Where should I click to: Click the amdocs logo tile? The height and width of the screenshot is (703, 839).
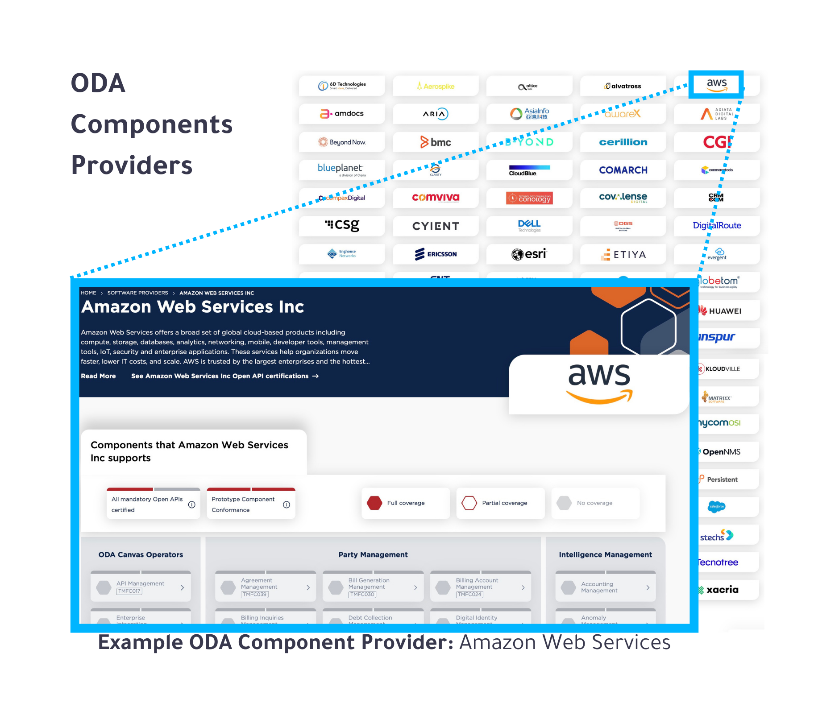coord(342,114)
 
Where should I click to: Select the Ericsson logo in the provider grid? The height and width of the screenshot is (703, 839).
coord(436,254)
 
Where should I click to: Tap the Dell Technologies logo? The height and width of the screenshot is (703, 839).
coord(529,225)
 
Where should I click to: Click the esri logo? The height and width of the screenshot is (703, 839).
coord(529,254)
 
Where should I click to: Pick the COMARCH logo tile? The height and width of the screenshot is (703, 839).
coord(623,170)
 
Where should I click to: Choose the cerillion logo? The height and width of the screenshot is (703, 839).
coord(623,142)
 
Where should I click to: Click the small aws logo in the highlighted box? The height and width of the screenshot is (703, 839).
coord(717,84)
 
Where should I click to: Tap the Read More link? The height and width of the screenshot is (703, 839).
coord(98,376)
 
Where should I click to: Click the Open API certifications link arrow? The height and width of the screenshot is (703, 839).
coord(316,376)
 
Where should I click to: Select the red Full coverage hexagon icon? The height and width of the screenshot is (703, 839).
coord(374,503)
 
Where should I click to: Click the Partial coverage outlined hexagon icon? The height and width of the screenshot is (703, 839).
coord(469,503)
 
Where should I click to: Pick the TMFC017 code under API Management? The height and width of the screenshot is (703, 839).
coord(129,591)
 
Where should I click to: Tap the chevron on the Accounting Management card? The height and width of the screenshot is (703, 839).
coord(648,587)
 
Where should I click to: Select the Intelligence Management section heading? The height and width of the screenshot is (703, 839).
coord(605,554)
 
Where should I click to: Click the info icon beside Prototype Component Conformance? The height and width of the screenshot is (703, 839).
coord(287,505)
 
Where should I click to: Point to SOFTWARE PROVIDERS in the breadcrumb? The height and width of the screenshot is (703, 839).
coord(137,293)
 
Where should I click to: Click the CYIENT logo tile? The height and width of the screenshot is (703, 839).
coord(436,226)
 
